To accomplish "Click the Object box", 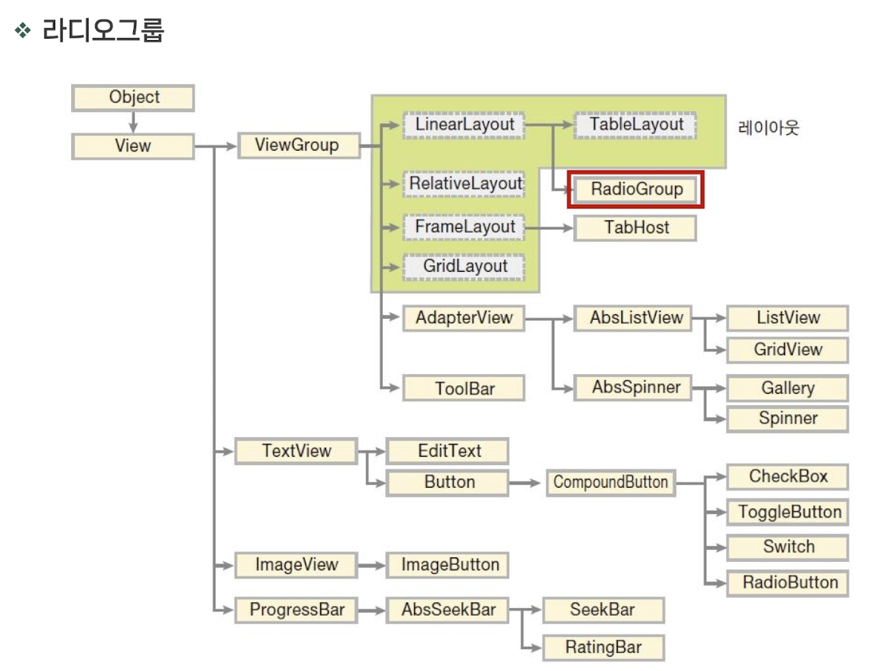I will pyautogui.click(x=133, y=98).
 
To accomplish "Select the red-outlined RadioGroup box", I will pyautogui.click(x=636, y=189).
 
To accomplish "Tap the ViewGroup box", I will pyautogui.click(x=298, y=145).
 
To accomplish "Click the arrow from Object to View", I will pyautogui.click(x=133, y=121).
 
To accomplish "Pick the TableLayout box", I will pyautogui.click(x=635, y=125).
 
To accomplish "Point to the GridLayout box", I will pyautogui.click(x=463, y=267).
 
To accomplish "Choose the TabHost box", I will pyautogui.click(x=635, y=227).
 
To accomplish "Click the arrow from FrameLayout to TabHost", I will pyautogui.click(x=548, y=227).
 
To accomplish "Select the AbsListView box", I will pyautogui.click(x=635, y=318).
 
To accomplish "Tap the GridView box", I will pyautogui.click(x=788, y=350).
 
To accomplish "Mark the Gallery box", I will pyautogui.click(x=788, y=389).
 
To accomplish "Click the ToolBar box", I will pyautogui.click(x=464, y=389).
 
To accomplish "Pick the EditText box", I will pyautogui.click(x=449, y=451).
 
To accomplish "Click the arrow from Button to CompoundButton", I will pyautogui.click(x=527, y=482).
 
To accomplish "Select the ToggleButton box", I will pyautogui.click(x=788, y=513).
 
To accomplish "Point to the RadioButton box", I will pyautogui.click(x=788, y=583).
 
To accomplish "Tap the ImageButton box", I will pyautogui.click(x=449, y=565).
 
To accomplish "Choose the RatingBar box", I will pyautogui.click(x=603, y=648).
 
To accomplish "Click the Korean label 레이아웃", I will pyautogui.click(x=769, y=127).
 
